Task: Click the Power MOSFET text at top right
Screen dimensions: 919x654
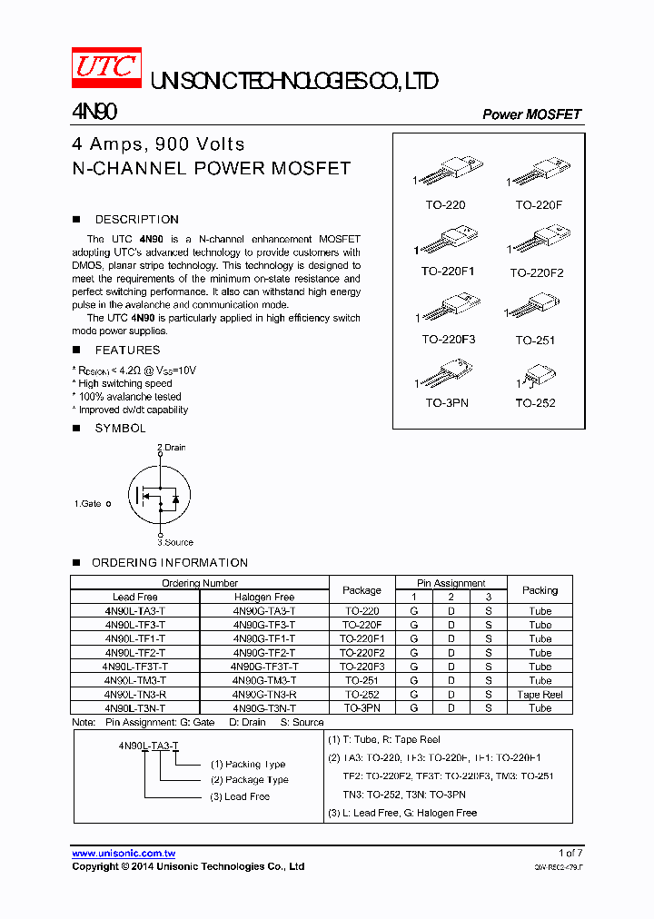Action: tap(531, 114)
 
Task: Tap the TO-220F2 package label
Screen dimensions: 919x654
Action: tap(536, 272)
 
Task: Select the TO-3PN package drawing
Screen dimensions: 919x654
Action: tap(446, 376)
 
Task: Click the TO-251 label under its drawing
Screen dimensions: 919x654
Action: tap(535, 340)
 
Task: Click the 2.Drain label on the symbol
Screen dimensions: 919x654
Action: tap(171, 448)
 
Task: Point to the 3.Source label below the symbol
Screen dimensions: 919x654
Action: tap(174, 542)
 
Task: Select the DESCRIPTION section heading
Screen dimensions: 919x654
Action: tap(136, 220)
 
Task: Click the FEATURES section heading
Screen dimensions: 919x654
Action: tap(127, 351)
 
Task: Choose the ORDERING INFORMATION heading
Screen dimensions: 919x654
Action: tap(169, 563)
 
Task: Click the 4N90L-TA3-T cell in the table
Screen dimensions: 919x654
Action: tap(134, 611)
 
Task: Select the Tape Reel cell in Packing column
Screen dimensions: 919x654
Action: tap(540, 694)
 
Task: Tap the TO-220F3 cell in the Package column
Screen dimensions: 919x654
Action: tap(362, 667)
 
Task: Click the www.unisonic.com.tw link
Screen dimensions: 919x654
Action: tap(124, 854)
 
